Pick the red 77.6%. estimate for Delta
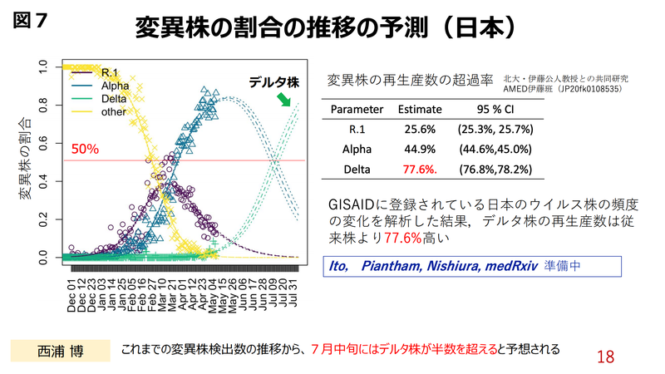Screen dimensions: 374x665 point(420,170)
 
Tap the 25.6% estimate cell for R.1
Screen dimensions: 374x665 point(420,130)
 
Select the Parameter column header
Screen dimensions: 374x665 point(357,109)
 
